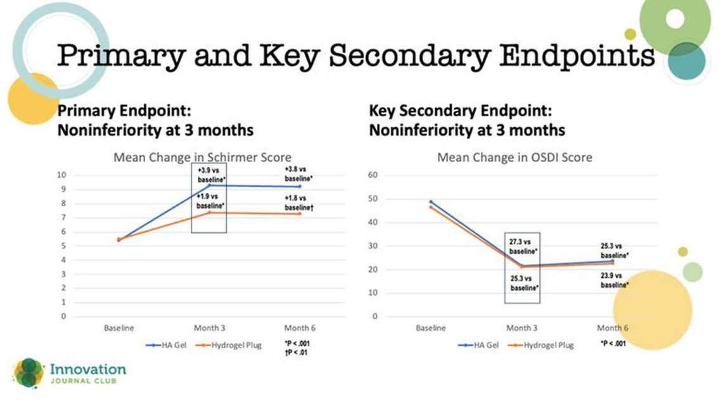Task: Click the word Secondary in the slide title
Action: (x=409, y=56)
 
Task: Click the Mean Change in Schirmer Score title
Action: (x=202, y=158)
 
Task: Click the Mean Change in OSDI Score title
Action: (x=514, y=158)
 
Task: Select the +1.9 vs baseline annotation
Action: (x=210, y=201)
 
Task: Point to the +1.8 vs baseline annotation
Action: (x=299, y=203)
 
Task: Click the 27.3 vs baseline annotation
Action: (x=523, y=247)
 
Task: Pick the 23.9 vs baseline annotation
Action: (x=615, y=280)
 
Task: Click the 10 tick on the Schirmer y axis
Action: (x=61, y=175)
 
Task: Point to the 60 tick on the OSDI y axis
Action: (x=373, y=175)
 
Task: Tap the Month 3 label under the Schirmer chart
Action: (x=210, y=328)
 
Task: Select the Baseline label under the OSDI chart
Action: (x=430, y=328)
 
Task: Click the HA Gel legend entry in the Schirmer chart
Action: (x=166, y=345)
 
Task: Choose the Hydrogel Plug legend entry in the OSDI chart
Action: (x=541, y=345)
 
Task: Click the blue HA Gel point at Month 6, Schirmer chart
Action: (x=300, y=187)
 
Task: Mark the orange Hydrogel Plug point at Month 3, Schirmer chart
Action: (x=209, y=213)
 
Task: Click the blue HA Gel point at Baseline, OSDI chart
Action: (x=431, y=202)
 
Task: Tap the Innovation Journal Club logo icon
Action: (x=29, y=373)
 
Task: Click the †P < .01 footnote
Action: (x=296, y=352)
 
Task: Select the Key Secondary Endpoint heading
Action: (x=460, y=111)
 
